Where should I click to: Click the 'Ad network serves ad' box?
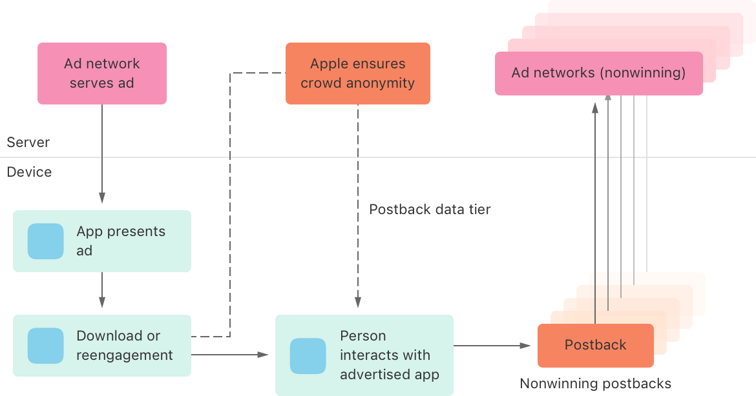[101, 74]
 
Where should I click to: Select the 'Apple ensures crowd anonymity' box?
[357, 74]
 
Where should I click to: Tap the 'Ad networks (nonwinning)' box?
[598, 74]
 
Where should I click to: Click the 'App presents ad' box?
[102, 241]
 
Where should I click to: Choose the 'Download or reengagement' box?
[102, 346]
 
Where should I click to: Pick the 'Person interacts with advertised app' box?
[364, 355]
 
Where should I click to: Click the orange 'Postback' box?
[595, 345]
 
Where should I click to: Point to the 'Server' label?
[28, 143]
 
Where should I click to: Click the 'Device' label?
[29, 172]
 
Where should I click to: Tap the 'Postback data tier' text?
[430, 210]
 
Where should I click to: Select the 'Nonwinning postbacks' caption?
[595, 384]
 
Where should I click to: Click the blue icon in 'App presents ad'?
[46, 241]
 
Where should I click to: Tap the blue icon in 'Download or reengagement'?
[46, 346]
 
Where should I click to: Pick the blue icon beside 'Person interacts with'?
[308, 356]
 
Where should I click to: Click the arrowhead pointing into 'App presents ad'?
[101, 199]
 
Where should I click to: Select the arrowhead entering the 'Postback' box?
[526, 346]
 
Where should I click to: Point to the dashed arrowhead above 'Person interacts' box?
[358, 303]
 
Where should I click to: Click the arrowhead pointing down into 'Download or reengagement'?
[101, 303]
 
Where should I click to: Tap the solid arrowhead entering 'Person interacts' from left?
[264, 355]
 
